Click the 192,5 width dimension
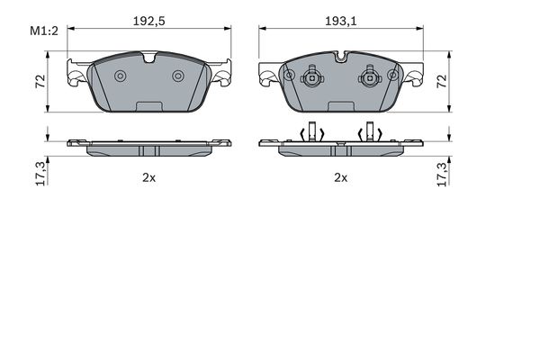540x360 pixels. click(149, 22)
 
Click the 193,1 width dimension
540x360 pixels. click(341, 22)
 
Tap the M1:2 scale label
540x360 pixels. click(44, 31)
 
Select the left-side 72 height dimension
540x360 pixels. click(40, 81)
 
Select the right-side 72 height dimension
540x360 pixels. click(442, 81)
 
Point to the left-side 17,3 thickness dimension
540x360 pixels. click(40, 174)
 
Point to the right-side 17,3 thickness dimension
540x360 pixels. click(442, 174)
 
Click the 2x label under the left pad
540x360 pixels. click(149, 178)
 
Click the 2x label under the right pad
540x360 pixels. click(341, 178)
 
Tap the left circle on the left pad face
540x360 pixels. click(121, 76)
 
